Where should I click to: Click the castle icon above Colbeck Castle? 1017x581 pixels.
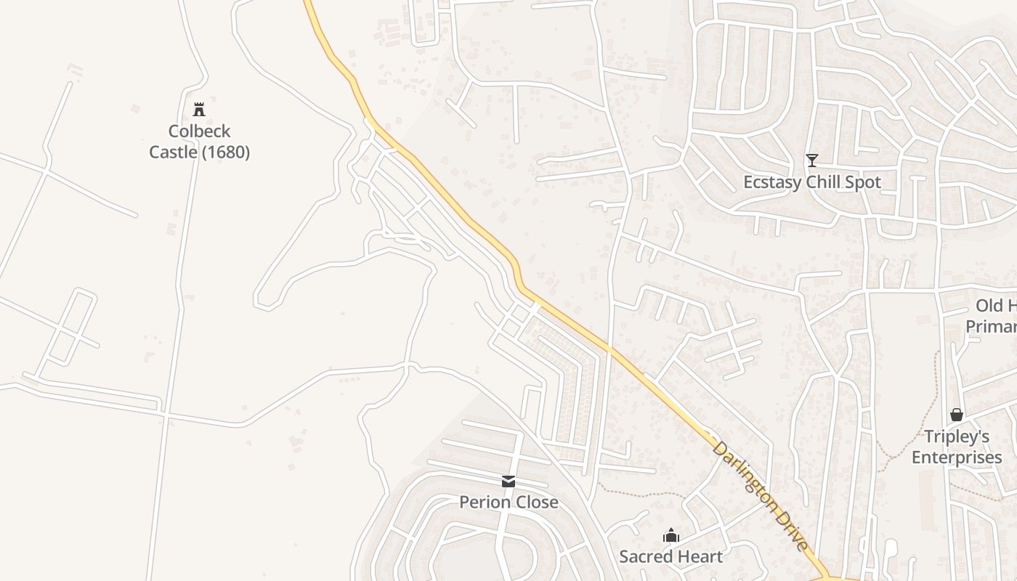(x=199, y=110)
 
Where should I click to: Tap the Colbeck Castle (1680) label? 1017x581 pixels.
(x=200, y=142)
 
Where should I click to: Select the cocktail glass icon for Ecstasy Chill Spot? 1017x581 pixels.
(x=812, y=161)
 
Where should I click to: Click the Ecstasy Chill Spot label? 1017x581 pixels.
(x=812, y=182)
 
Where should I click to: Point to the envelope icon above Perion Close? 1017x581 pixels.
(x=508, y=482)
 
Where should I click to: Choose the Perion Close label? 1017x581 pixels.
(x=508, y=502)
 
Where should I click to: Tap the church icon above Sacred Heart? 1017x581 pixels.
(x=670, y=536)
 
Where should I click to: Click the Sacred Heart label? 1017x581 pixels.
(x=670, y=557)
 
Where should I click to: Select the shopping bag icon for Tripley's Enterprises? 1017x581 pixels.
(x=957, y=415)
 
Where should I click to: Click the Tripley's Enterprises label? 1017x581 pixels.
(x=957, y=447)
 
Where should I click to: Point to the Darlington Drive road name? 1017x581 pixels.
(x=761, y=495)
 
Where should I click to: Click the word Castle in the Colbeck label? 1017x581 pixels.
(x=173, y=153)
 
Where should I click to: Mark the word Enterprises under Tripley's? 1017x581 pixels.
(x=957, y=458)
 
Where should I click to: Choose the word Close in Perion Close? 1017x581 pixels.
(x=535, y=502)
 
